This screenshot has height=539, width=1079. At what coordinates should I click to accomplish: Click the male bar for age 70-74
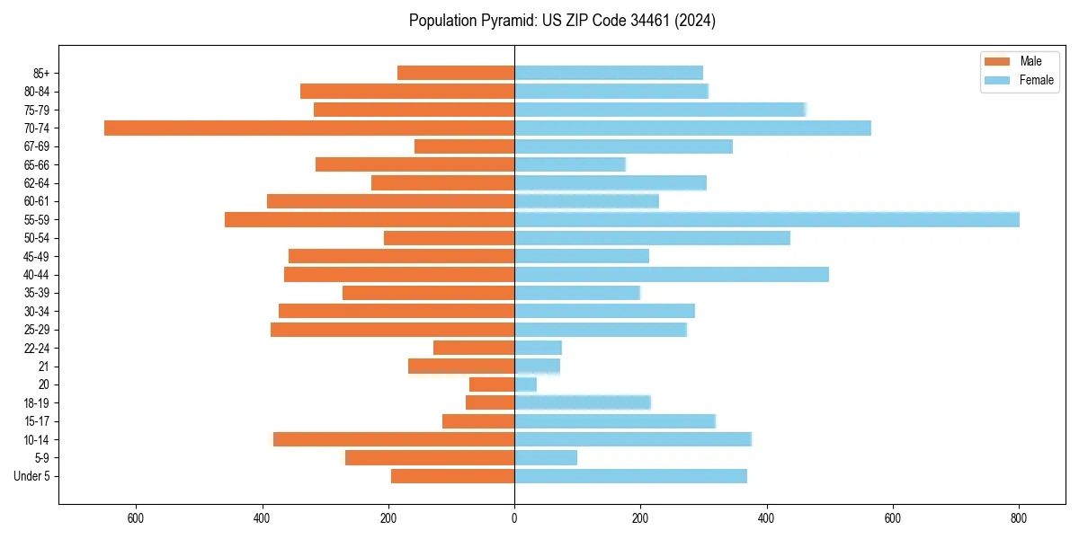(x=309, y=128)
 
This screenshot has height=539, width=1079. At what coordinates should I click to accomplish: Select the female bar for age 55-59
(x=766, y=219)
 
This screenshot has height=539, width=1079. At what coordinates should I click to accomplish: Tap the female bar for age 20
(x=525, y=384)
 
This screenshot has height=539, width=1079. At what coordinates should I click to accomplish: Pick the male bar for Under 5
(x=452, y=476)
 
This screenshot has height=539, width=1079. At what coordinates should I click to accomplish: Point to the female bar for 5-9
(x=546, y=458)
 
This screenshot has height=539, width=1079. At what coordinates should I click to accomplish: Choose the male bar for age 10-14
(x=394, y=439)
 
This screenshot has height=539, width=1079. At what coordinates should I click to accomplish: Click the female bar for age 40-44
(x=672, y=275)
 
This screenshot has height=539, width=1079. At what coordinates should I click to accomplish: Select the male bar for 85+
(x=456, y=73)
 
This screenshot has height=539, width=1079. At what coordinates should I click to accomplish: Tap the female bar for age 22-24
(x=538, y=348)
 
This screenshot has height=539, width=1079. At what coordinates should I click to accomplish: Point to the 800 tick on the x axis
(x=1019, y=517)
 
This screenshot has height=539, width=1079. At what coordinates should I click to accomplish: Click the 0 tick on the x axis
(x=514, y=517)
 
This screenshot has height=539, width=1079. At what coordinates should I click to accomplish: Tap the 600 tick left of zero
(x=136, y=517)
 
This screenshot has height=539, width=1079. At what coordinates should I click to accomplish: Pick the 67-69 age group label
(x=37, y=146)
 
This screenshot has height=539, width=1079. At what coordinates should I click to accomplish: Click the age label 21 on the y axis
(x=44, y=367)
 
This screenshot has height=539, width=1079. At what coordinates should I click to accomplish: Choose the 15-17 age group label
(x=37, y=421)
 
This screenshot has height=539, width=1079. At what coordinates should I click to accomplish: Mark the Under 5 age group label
(x=32, y=476)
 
